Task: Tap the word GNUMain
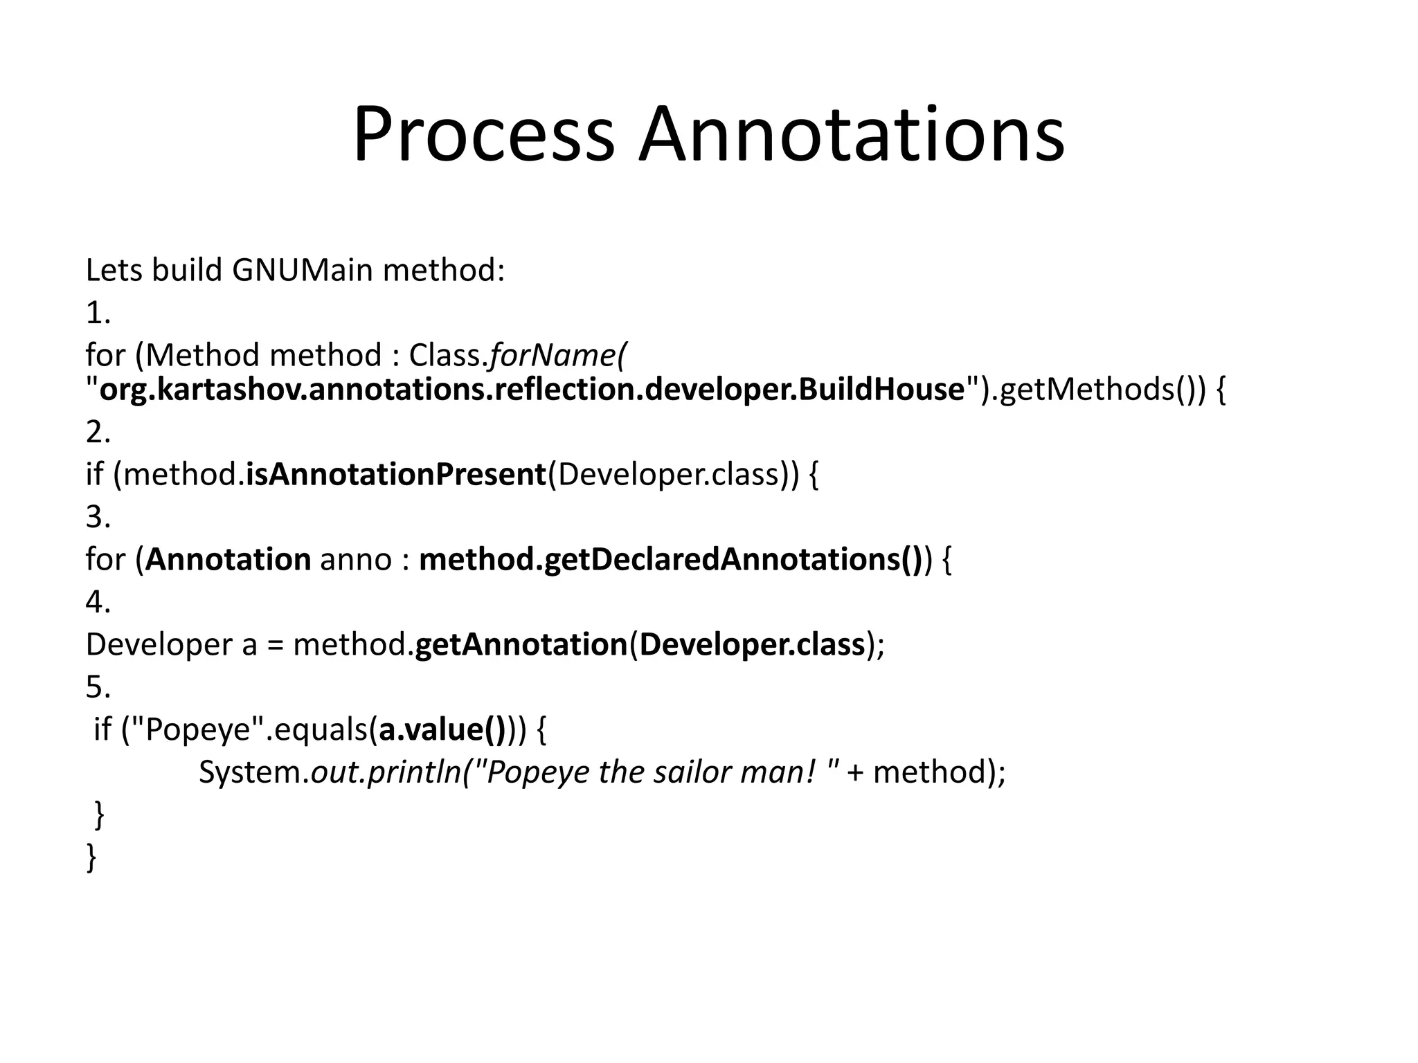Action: tap(303, 270)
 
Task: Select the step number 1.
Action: tap(97, 314)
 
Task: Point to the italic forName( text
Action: tap(557, 355)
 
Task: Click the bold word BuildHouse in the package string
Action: tap(881, 390)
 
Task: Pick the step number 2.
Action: tap(97, 433)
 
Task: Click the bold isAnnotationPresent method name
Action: tap(396, 475)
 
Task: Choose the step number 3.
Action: tap(97, 517)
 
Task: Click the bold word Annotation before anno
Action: tap(228, 559)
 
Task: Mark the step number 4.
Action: tap(97, 602)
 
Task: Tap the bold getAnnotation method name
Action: tap(521, 644)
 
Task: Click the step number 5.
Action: tap(97, 687)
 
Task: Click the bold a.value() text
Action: tap(442, 729)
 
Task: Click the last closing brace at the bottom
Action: tap(91, 858)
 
